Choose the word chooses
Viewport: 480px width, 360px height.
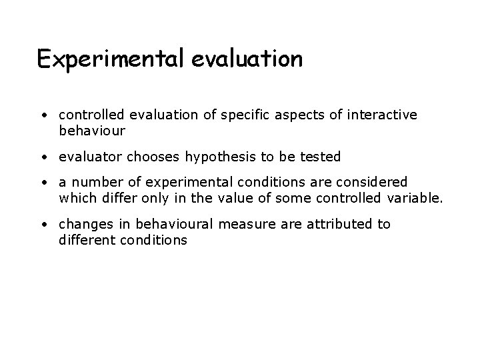pyautogui.click(x=153, y=157)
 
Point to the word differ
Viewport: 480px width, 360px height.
pyautogui.click(x=113, y=197)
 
